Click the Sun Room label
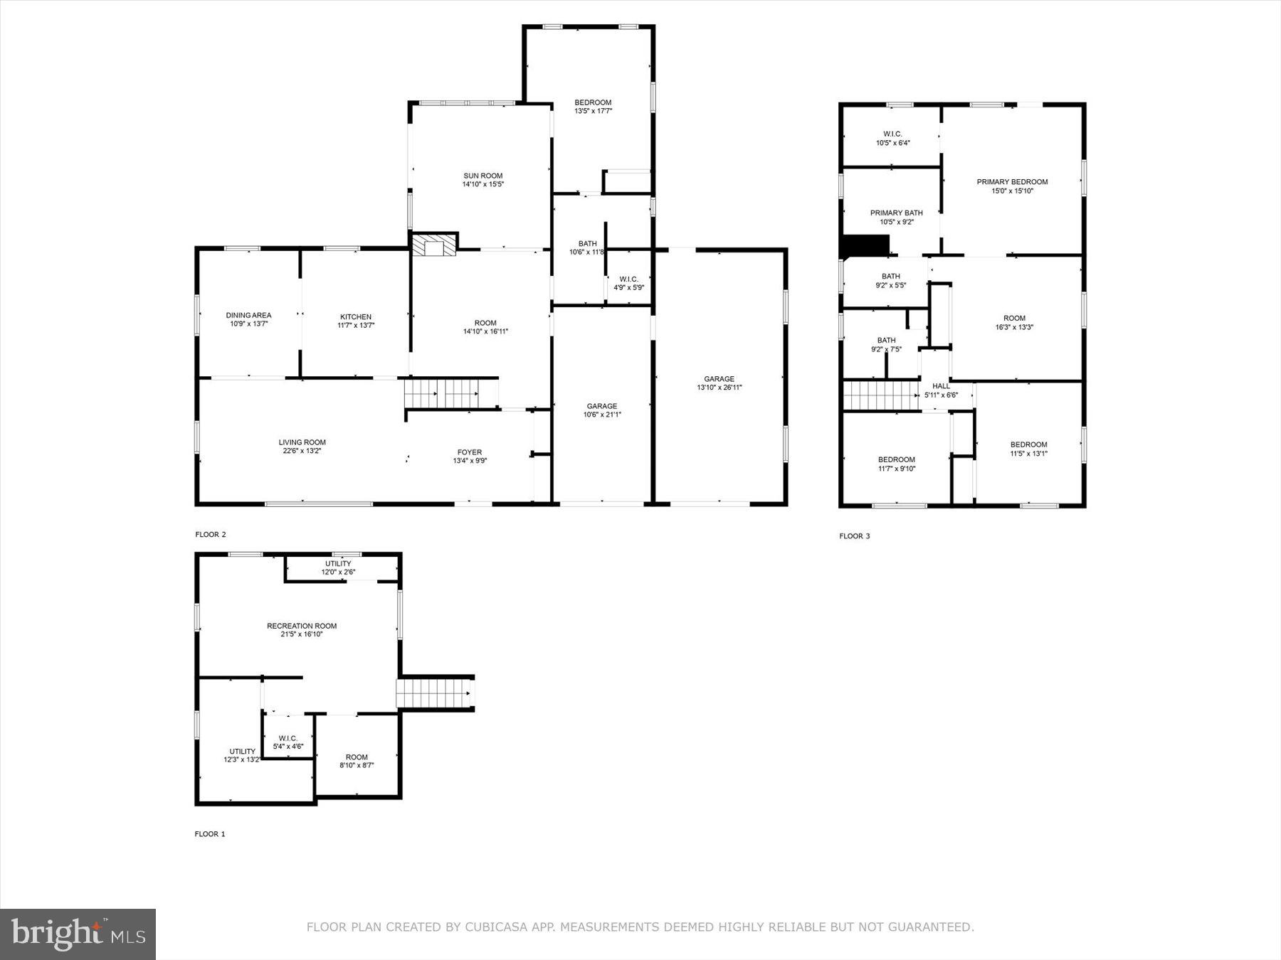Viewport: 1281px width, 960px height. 483,176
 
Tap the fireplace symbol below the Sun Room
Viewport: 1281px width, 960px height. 433,245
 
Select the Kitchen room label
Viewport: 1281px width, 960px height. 356,317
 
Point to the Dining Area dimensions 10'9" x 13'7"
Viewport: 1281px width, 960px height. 248,324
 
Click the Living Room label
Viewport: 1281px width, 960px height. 302,442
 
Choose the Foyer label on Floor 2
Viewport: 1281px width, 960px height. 470,452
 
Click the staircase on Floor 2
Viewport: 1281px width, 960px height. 450,393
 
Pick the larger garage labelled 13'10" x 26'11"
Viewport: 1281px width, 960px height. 719,383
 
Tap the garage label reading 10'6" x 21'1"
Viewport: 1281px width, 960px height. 602,415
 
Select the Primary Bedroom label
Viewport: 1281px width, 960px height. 1012,182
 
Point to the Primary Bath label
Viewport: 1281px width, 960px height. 896,213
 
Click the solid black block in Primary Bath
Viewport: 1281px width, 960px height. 865,245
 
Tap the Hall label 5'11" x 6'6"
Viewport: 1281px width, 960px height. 941,390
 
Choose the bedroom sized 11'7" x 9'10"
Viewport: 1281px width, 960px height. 897,464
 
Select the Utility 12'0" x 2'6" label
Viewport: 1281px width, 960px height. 338,567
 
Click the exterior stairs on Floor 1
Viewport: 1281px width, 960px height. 434,693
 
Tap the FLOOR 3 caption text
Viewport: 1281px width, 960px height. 854,536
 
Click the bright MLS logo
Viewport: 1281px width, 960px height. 78,934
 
